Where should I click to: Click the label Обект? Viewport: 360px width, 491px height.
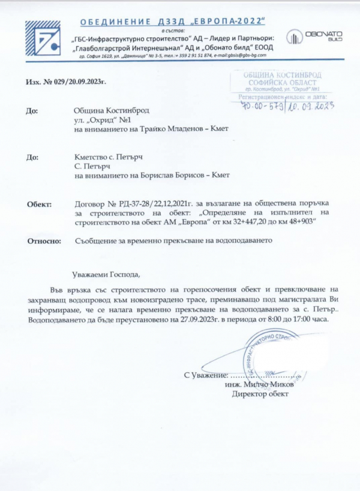click(x=40, y=204)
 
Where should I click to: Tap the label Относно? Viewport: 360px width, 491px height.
click(x=44, y=241)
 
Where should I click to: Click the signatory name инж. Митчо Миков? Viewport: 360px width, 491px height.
click(x=259, y=384)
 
